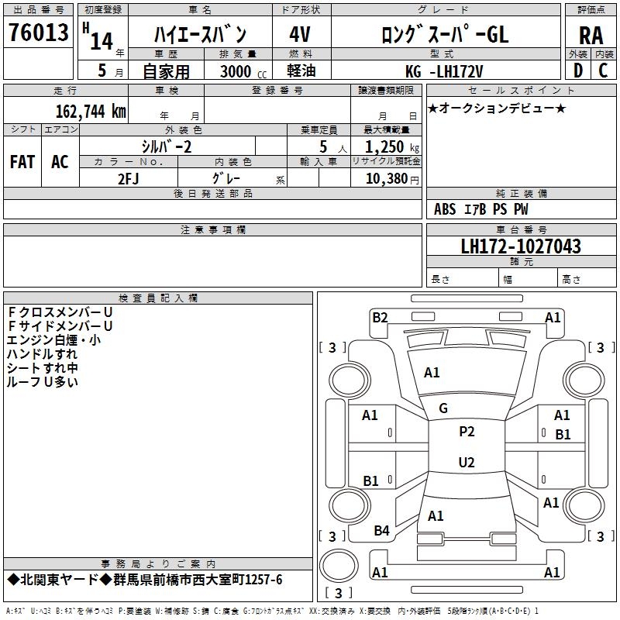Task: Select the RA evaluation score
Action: coord(591,35)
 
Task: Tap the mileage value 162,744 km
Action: coord(91,112)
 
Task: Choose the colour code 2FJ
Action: coord(129,177)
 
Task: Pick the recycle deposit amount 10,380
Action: coord(384,178)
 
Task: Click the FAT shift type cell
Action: coord(22,161)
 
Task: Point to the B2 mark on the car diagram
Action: coord(380,317)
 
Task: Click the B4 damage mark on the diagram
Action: coord(381,531)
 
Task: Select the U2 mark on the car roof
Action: coord(467,463)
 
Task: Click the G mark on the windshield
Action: coord(443,408)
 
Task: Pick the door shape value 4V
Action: coord(299,35)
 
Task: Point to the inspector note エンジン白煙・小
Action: coord(53,339)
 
